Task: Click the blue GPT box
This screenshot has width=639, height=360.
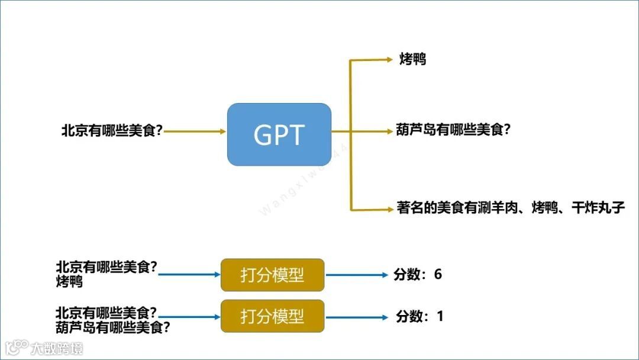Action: tap(279, 134)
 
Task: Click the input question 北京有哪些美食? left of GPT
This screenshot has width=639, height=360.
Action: tap(112, 131)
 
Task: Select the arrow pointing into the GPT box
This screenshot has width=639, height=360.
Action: tap(195, 131)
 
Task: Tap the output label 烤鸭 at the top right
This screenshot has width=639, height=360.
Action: tap(412, 59)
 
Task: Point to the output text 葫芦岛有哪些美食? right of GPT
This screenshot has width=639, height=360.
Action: tap(453, 130)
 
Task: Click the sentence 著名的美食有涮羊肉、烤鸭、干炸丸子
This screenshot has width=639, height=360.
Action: tap(510, 208)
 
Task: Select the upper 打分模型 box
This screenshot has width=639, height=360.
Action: tap(272, 275)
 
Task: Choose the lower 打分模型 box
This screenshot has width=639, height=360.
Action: tap(272, 316)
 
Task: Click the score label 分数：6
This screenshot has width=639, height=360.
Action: tap(418, 275)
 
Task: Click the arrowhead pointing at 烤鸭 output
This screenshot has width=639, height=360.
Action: tap(388, 59)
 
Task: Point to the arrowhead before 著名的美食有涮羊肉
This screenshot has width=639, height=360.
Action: tap(388, 208)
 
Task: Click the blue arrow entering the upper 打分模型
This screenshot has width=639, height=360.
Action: tap(189, 275)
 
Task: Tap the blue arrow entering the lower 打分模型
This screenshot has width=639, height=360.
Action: tap(189, 317)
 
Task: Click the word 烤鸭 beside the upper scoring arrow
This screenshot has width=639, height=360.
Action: tap(69, 282)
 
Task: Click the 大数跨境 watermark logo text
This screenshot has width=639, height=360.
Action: tap(57, 348)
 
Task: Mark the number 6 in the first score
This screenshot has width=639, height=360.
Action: tap(438, 274)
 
